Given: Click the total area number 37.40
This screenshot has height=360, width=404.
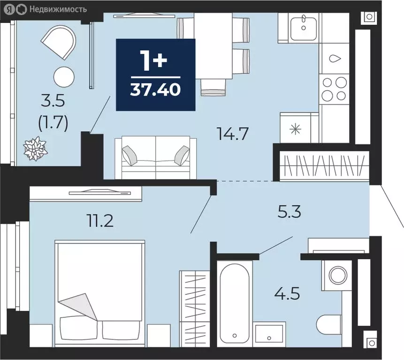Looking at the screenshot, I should click(x=155, y=89).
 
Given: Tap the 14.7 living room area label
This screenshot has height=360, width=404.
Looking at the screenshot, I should click(x=232, y=134).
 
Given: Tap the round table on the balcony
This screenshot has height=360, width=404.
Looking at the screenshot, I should click(x=64, y=76).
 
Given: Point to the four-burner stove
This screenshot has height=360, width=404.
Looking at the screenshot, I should click(x=335, y=89).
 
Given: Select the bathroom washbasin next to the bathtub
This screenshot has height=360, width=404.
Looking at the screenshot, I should click(x=269, y=334).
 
